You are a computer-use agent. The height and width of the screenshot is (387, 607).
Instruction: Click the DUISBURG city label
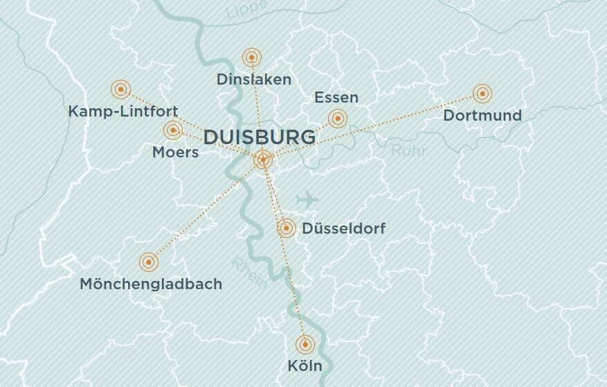[x=260, y=137]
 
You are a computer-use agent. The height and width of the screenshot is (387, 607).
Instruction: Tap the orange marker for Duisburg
[x=263, y=160]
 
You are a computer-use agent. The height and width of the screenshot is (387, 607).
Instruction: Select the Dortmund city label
[x=482, y=115]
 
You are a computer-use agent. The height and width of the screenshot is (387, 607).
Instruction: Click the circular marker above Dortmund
[x=482, y=93]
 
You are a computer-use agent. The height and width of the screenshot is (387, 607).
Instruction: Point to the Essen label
[x=336, y=97]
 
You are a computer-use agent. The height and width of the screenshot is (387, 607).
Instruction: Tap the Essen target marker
[x=337, y=118]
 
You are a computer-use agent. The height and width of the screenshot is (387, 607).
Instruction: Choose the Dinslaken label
[x=254, y=79]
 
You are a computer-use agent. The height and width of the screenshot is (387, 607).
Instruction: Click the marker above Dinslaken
[x=252, y=58]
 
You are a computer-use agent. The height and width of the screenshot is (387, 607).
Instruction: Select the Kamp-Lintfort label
[x=123, y=111]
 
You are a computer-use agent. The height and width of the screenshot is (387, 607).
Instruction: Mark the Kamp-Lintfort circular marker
[x=120, y=89]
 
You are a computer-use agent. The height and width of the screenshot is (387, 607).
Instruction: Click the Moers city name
[x=175, y=152]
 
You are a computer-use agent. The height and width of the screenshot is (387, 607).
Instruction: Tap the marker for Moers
[x=172, y=130]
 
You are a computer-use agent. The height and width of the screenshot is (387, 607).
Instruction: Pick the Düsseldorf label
[x=344, y=228]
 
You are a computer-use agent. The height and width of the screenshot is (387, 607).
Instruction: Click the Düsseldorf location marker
[x=287, y=227]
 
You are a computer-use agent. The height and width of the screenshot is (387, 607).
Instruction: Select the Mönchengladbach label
[x=151, y=284]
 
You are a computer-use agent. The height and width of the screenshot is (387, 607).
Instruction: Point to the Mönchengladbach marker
[x=148, y=261]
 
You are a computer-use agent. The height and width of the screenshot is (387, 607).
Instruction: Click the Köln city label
[x=305, y=365]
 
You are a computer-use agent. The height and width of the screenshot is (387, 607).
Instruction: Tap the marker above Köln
[x=305, y=344]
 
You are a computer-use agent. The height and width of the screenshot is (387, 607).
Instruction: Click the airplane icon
[x=307, y=200]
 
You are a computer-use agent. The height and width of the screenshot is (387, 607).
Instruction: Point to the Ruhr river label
[x=409, y=150]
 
